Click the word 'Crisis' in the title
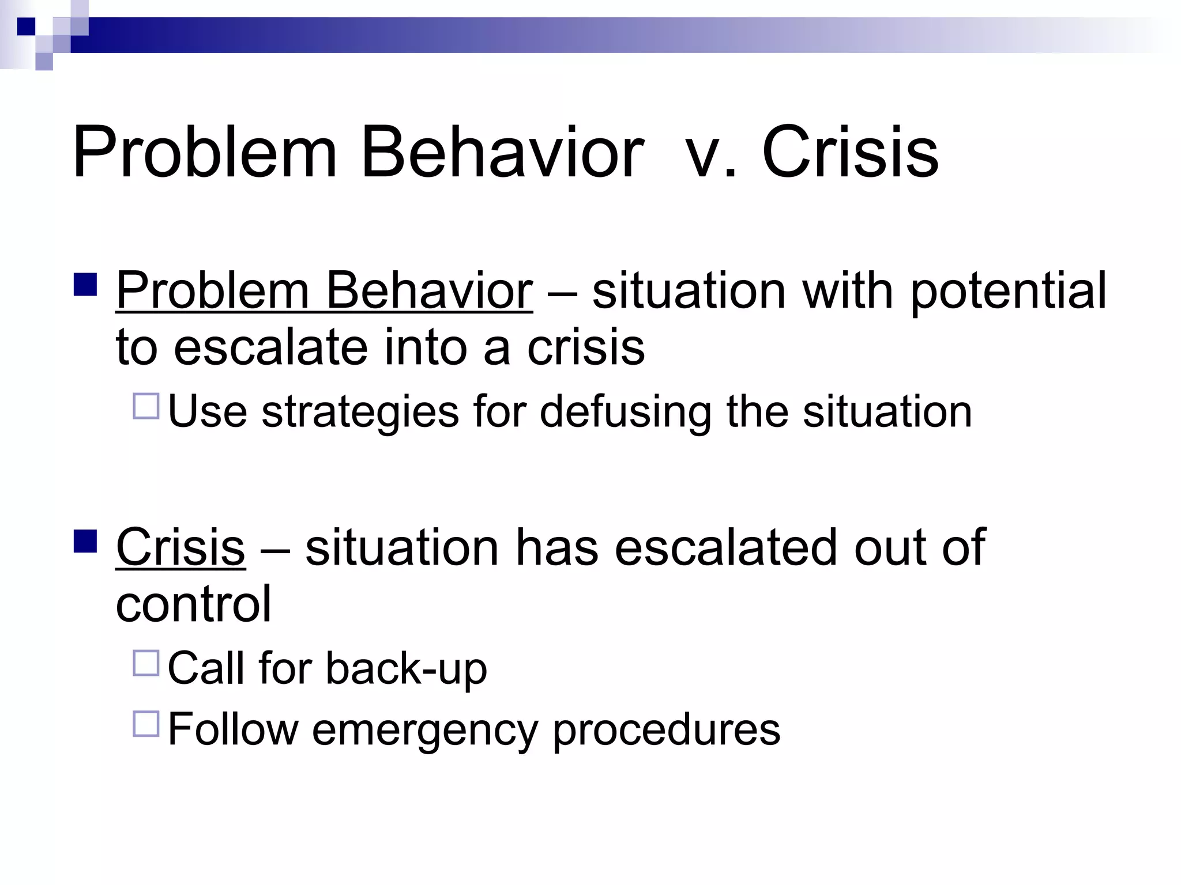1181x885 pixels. point(850,153)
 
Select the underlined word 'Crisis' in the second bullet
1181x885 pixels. point(180,547)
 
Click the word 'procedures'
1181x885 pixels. point(666,731)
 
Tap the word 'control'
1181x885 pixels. point(193,604)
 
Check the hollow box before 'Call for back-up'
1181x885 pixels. point(146,663)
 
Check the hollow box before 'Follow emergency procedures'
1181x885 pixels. point(146,724)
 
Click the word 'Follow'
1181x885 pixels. point(233,729)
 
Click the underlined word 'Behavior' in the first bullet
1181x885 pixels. point(429,291)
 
